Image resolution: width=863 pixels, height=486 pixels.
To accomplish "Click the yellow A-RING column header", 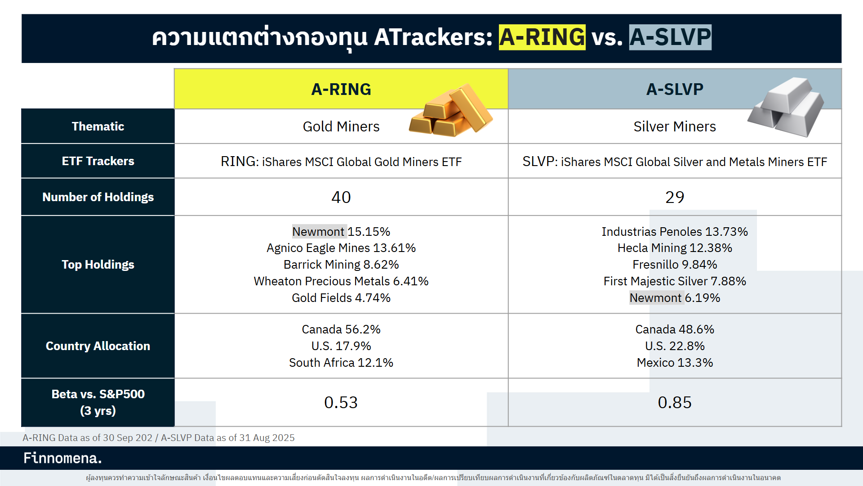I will [341, 89].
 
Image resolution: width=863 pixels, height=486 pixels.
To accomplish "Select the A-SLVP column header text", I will [674, 89].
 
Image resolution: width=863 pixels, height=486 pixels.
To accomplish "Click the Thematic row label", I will [98, 126].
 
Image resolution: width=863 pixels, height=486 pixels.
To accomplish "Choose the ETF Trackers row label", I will [98, 161].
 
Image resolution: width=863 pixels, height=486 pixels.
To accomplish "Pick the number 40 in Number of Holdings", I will [341, 197].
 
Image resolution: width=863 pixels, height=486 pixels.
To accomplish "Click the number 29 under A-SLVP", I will [674, 197].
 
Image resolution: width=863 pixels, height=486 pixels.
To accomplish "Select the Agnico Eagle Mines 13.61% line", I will [341, 248].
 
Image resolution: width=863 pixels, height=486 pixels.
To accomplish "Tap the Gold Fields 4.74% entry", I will [341, 298].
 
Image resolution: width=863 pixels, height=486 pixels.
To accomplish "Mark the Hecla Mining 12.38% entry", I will [674, 248].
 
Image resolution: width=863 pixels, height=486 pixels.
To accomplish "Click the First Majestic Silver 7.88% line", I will [674, 281].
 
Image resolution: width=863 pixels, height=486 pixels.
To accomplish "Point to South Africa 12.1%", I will [341, 363].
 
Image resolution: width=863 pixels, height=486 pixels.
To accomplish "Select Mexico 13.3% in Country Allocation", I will [674, 363].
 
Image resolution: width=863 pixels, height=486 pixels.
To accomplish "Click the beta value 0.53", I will [341, 402].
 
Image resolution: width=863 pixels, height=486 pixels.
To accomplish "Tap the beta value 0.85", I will [674, 402].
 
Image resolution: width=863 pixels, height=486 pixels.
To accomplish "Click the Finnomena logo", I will [62, 458].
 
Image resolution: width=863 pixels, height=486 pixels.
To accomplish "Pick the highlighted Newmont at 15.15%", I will [319, 231].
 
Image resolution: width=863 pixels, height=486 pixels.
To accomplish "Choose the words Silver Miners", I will [674, 126].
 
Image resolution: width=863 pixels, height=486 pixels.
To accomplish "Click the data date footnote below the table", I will [159, 438].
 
